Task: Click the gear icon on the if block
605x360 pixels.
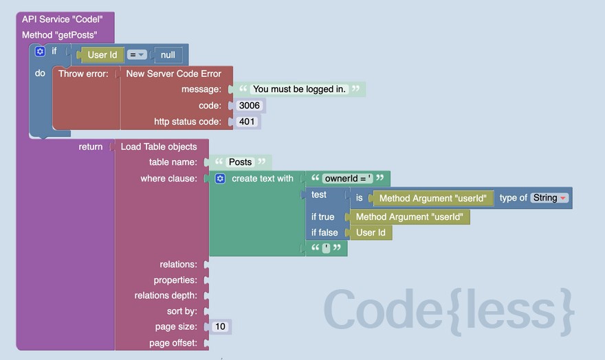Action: pyautogui.click(x=40, y=52)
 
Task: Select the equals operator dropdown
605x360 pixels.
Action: pyautogui.click(x=137, y=55)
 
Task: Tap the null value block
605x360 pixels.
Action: pyautogui.click(x=168, y=55)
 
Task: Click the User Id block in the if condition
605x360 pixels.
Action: pyautogui.click(x=102, y=55)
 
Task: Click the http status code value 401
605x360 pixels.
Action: pyautogui.click(x=246, y=122)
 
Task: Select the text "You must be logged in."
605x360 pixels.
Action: pyautogui.click(x=299, y=89)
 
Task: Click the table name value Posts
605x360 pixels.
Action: pyautogui.click(x=240, y=162)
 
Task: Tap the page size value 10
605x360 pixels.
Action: pyautogui.click(x=220, y=327)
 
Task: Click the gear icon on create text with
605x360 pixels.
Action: pyautogui.click(x=220, y=179)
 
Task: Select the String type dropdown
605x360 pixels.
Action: pyautogui.click(x=549, y=198)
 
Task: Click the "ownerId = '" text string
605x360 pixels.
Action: pyautogui.click(x=348, y=179)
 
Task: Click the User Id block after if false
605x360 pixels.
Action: pyautogui.click(x=371, y=232)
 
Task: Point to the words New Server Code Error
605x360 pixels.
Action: pyautogui.click(x=173, y=74)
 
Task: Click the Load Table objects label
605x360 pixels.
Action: pyautogui.click(x=159, y=146)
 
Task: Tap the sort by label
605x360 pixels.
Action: pyautogui.click(x=182, y=311)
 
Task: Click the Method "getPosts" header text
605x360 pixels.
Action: pyautogui.click(x=59, y=34)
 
